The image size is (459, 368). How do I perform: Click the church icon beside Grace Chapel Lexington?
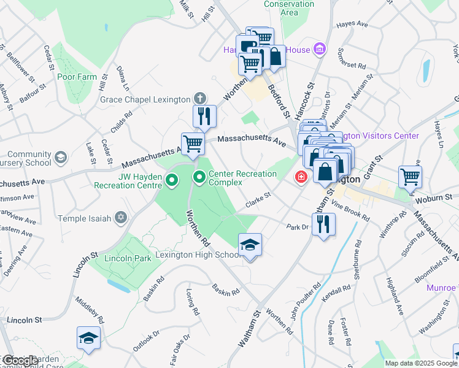tap(199, 99)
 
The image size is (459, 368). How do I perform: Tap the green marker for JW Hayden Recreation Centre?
tap(172, 180)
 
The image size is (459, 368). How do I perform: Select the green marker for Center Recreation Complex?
tap(199, 178)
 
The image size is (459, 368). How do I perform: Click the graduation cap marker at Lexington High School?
tap(250, 245)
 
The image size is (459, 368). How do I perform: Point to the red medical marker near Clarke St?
tap(301, 177)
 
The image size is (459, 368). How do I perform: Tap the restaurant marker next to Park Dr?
tap(323, 223)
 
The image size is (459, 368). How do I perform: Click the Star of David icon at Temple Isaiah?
tap(121, 218)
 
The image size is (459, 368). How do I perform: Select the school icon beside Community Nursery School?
tap(60, 158)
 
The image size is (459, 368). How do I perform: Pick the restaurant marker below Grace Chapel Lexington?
tap(204, 115)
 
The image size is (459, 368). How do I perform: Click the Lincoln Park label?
tap(127, 258)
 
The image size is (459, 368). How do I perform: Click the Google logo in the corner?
tap(20, 361)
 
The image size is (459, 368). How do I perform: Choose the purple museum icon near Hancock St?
tap(318, 49)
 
